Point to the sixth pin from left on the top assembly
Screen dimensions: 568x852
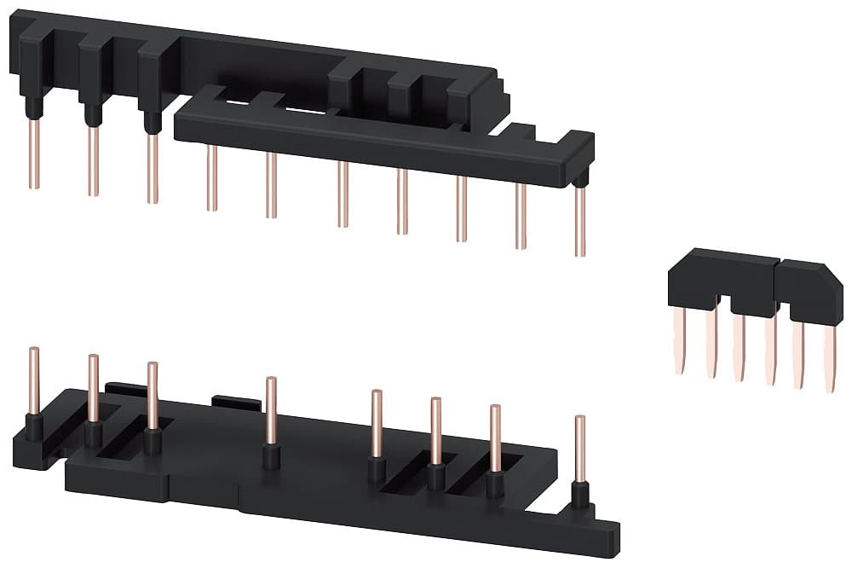343,194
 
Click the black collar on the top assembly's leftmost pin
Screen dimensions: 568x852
33,108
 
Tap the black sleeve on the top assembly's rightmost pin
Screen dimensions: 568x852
579,180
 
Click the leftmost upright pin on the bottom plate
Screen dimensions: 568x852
34,380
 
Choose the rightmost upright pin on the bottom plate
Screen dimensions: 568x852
580,449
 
